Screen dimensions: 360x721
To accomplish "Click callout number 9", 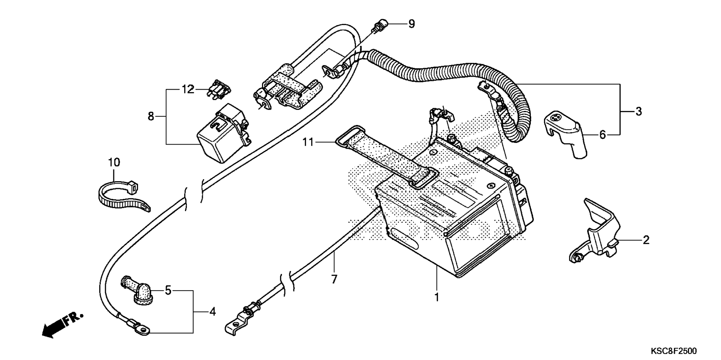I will pyautogui.click(x=411, y=24).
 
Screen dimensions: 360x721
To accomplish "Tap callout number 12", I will pyautogui.click(x=188, y=89).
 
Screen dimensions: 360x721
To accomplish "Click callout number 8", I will pyautogui.click(x=151, y=117).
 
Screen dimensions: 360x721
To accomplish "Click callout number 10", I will pyautogui.click(x=114, y=162).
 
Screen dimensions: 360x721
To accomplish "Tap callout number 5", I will pyautogui.click(x=168, y=290).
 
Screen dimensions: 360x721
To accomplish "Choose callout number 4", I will pyautogui.click(x=212, y=312).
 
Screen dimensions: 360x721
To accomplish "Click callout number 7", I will pyautogui.click(x=334, y=279).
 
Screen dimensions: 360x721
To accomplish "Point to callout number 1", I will pyautogui.click(x=437, y=297).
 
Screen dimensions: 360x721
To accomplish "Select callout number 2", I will pyautogui.click(x=646, y=240).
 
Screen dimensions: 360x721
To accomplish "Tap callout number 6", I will pyautogui.click(x=603, y=135).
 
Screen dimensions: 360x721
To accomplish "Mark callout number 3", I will pyautogui.click(x=639, y=111).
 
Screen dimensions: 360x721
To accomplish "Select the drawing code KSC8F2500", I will pyautogui.click(x=674, y=351).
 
